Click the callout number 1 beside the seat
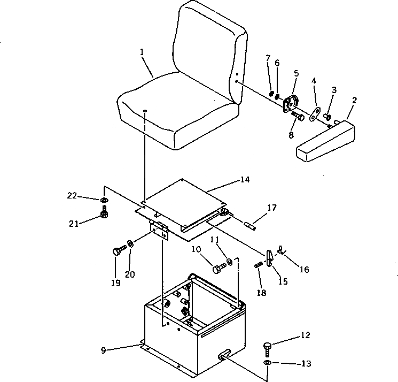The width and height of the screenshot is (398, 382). [x=142, y=52]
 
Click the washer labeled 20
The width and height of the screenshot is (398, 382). [x=130, y=245]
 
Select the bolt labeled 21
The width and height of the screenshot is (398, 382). [x=104, y=216]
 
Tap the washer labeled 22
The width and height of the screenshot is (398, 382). [x=103, y=201]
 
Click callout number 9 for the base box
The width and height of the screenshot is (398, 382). [x=104, y=350]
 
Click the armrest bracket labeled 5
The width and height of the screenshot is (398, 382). [x=292, y=103]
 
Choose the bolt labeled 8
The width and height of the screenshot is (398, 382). [x=298, y=116]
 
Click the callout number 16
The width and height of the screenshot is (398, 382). [x=304, y=270]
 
